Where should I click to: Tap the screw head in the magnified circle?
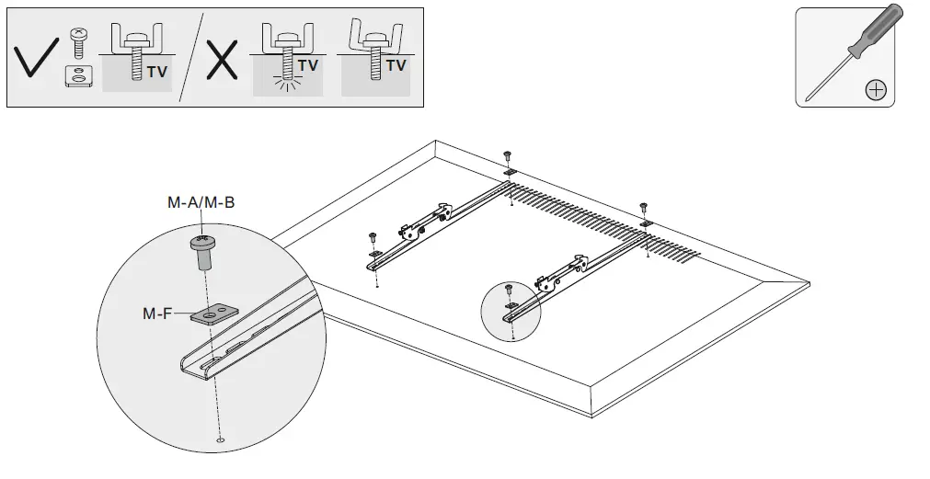click(201, 245)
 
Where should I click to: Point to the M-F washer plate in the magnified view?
click(212, 316)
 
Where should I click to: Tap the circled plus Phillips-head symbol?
click(876, 90)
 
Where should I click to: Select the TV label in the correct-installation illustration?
click(157, 71)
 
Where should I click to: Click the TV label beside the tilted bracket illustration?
click(396, 65)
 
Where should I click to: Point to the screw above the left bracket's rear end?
click(507, 154)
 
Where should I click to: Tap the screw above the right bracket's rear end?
click(644, 206)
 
